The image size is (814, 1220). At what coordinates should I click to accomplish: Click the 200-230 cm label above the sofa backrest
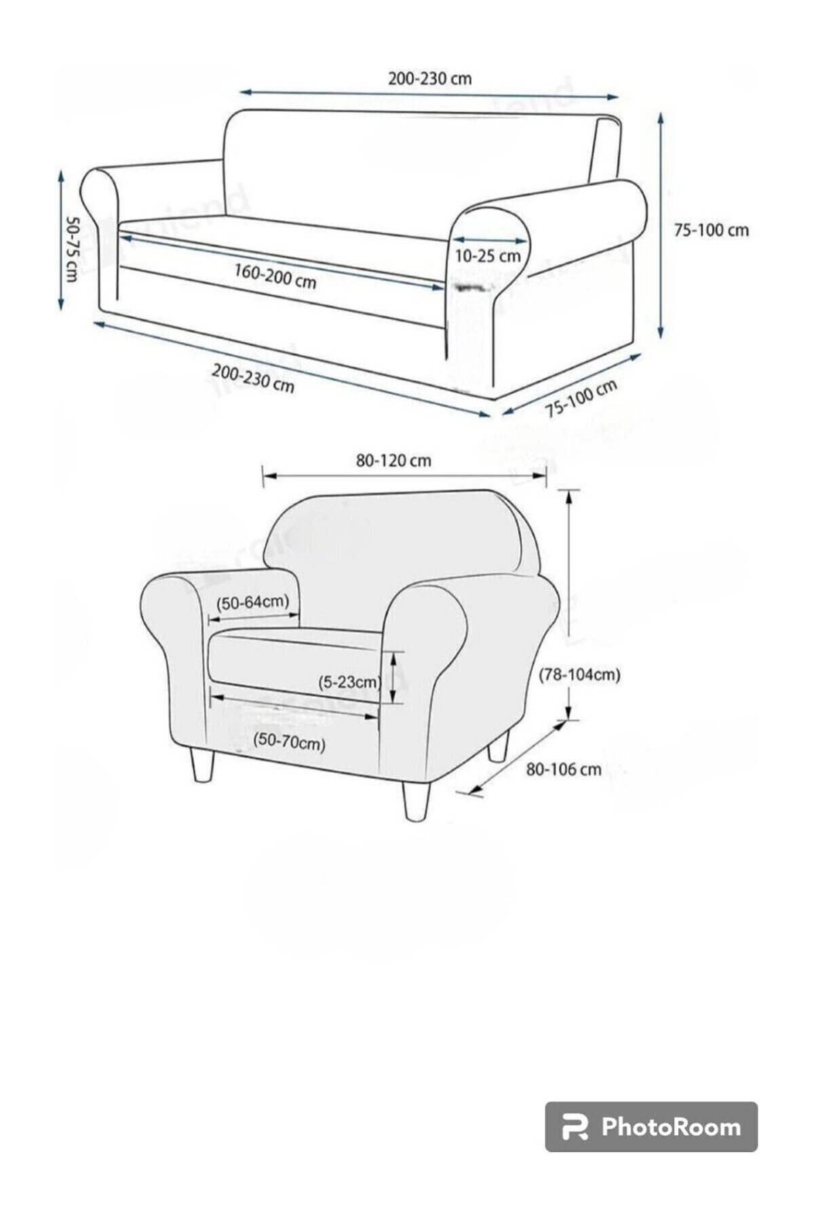click(429, 79)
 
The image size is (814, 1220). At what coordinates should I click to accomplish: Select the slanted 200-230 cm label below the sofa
click(253, 378)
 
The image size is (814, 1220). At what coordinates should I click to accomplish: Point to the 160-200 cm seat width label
click(275, 275)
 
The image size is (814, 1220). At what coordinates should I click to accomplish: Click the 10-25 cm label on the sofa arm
click(488, 256)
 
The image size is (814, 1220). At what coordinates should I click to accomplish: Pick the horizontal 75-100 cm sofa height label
click(711, 230)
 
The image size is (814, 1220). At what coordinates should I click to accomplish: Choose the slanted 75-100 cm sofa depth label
click(581, 399)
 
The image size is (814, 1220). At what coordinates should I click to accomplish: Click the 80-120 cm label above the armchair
click(393, 461)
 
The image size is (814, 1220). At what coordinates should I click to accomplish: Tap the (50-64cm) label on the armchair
click(252, 602)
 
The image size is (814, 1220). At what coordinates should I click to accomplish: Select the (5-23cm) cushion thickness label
click(349, 682)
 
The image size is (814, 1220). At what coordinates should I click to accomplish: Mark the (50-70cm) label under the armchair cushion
click(289, 743)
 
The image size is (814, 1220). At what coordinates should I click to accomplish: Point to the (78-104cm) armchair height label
click(580, 674)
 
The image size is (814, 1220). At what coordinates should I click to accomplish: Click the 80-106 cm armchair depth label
click(564, 769)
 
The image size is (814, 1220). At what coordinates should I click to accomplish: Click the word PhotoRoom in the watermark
click(671, 1126)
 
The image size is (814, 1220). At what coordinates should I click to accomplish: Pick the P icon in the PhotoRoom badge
click(575, 1127)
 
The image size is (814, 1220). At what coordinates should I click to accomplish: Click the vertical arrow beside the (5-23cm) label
click(393, 678)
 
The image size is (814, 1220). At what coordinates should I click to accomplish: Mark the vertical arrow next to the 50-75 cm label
click(61, 240)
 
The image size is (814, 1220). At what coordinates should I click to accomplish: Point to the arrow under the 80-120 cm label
click(404, 476)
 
